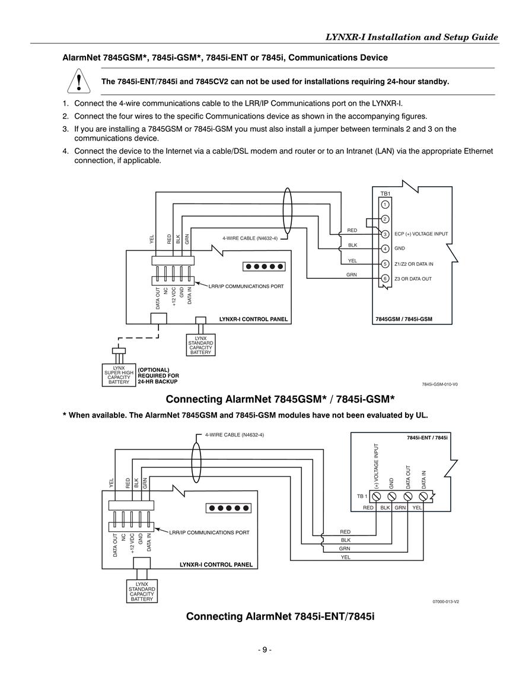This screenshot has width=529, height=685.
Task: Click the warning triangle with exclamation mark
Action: pyautogui.click(x=79, y=81)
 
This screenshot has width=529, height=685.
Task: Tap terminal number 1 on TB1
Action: pyautogui.click(x=385, y=205)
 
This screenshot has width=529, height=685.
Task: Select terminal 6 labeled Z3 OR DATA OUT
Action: pyautogui.click(x=385, y=278)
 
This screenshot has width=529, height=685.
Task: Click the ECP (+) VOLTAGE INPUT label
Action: pyautogui.click(x=421, y=234)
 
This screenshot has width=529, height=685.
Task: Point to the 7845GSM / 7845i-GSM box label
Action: pyautogui.click(x=404, y=319)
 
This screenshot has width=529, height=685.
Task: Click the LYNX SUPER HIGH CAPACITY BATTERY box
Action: pyautogui.click(x=119, y=375)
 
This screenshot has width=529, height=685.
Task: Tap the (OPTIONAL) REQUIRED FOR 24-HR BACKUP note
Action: pyautogui.click(x=158, y=375)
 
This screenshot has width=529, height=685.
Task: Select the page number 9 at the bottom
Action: pyautogui.click(x=264, y=649)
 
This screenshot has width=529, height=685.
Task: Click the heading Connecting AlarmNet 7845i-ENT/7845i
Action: pyautogui.click(x=280, y=616)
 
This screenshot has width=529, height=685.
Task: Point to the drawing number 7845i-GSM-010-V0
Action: pyautogui.click(x=440, y=384)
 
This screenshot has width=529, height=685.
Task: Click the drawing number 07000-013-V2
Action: pyautogui.click(x=445, y=601)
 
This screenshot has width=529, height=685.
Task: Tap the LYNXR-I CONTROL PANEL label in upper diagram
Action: pyautogui.click(x=253, y=319)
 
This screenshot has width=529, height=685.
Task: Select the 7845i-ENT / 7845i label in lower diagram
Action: pyautogui.click(x=427, y=437)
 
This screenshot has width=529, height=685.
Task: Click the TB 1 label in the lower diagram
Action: pyautogui.click(x=362, y=496)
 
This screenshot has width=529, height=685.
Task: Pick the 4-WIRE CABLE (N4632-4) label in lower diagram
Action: pyautogui.click(x=235, y=435)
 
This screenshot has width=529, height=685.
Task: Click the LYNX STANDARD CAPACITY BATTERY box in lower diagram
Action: pyautogui.click(x=142, y=591)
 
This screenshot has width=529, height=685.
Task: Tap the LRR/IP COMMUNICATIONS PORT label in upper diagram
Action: pyautogui.click(x=249, y=286)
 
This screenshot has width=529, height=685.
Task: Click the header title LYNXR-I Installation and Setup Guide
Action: pyautogui.click(x=412, y=37)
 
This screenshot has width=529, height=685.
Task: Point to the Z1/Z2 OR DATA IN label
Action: pyautogui.click(x=414, y=264)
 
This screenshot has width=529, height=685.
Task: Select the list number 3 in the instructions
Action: pyautogui.click(x=65, y=129)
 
